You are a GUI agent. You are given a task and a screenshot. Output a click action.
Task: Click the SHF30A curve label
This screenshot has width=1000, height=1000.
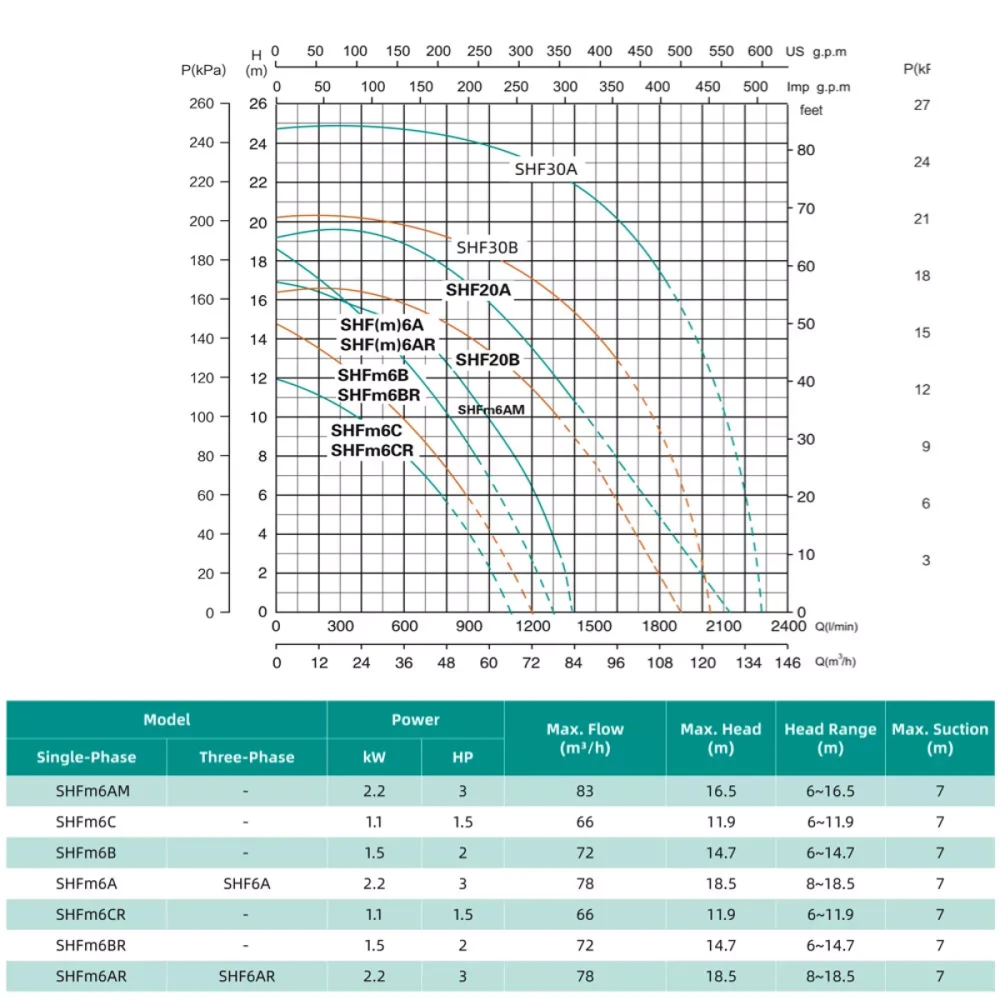545,169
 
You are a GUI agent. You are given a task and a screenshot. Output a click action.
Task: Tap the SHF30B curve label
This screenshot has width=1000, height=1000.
487,247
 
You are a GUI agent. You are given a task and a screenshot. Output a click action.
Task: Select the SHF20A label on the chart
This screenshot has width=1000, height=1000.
478,290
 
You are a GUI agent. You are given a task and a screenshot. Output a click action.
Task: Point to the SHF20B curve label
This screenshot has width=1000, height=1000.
487,360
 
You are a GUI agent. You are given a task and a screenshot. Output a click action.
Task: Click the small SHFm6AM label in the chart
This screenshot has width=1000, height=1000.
491,410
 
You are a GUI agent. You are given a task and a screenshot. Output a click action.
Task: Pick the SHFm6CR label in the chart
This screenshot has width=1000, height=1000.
372,451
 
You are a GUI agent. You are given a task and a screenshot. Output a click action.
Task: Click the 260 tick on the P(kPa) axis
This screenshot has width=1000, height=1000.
202,103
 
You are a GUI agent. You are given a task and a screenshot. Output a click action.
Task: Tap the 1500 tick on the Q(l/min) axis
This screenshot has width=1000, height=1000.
594,626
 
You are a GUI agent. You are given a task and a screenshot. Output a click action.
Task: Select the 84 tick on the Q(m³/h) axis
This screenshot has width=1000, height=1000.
573,662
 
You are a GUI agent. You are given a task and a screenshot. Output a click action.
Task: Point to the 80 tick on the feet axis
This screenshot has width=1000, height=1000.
806,151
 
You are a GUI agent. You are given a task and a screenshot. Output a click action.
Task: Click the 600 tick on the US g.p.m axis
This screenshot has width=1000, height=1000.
759,51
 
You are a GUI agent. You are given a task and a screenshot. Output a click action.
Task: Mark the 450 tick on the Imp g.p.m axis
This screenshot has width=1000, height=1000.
707,87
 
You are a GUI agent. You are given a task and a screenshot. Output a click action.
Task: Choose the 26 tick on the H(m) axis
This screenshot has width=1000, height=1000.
258,103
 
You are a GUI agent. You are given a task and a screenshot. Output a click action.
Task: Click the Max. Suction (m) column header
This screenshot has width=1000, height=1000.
939,738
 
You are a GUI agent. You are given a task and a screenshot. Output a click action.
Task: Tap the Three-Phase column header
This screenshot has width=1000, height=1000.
247,757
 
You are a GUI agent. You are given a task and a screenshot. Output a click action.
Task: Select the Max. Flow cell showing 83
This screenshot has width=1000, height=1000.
584,791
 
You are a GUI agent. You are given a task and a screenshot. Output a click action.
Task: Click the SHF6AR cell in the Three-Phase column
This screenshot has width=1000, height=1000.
247,976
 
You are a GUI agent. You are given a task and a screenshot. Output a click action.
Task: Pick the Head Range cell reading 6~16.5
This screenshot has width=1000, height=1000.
830,791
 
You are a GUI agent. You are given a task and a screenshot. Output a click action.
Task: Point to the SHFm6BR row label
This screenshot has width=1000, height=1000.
91,945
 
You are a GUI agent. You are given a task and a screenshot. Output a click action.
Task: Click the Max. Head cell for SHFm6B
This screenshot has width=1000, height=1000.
720,852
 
